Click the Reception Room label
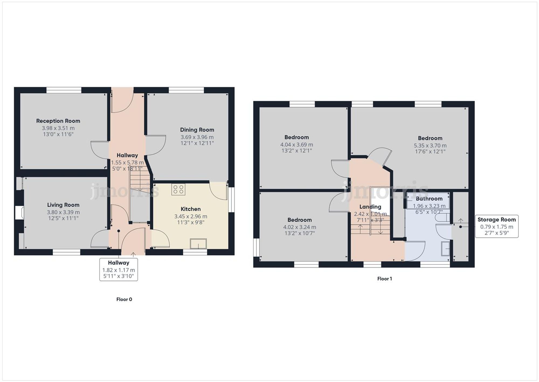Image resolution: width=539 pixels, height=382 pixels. (x=58, y=121)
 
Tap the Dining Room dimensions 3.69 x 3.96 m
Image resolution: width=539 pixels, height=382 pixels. (x=197, y=137)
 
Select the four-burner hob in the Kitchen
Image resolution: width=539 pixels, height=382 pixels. (x=178, y=189)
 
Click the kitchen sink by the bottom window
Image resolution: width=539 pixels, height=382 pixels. (x=198, y=244)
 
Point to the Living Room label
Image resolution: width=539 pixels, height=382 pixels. (x=63, y=205)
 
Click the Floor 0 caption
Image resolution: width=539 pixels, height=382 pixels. (x=124, y=299)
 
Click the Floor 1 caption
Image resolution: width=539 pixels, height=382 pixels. (x=385, y=279)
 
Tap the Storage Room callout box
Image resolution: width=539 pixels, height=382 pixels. (x=496, y=226)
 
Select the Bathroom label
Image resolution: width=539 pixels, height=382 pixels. (x=429, y=199)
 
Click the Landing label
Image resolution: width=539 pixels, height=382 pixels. (x=370, y=207)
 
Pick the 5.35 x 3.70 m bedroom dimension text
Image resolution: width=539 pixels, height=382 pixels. (x=430, y=146)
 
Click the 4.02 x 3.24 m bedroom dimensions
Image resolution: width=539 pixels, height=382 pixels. (x=300, y=227)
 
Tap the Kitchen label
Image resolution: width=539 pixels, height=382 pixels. (x=191, y=209)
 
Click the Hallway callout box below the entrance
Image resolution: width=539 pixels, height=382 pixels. (x=119, y=269)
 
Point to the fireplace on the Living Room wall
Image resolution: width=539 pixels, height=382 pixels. (x=19, y=212)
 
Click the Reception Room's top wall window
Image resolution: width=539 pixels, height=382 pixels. (x=64, y=90)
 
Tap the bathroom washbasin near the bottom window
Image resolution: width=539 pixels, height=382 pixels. (x=445, y=249)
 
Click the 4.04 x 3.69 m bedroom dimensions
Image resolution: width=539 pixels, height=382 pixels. (x=297, y=145)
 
